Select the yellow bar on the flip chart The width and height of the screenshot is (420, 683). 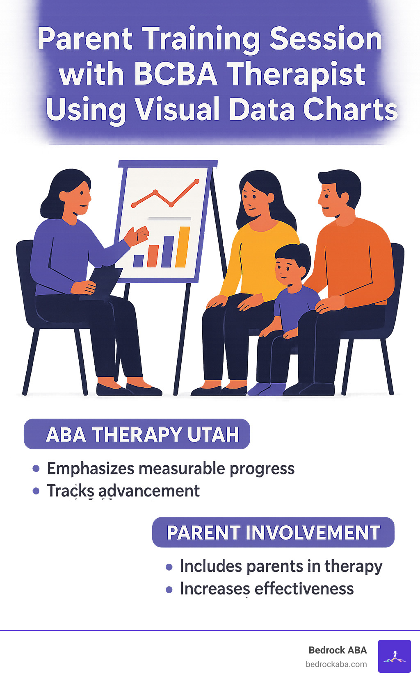point(183,247)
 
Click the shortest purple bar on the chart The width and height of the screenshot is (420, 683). point(138,261)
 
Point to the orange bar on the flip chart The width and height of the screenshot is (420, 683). point(153,256)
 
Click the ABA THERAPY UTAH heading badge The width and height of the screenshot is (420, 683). point(137,434)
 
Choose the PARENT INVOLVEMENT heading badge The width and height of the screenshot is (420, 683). point(273,533)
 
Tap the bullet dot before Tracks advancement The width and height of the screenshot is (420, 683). point(36,491)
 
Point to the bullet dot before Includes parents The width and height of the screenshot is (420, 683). point(169,567)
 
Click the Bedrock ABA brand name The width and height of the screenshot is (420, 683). point(338,650)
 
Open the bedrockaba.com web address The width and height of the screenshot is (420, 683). point(336,664)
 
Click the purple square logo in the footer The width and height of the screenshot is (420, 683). point(394,656)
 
